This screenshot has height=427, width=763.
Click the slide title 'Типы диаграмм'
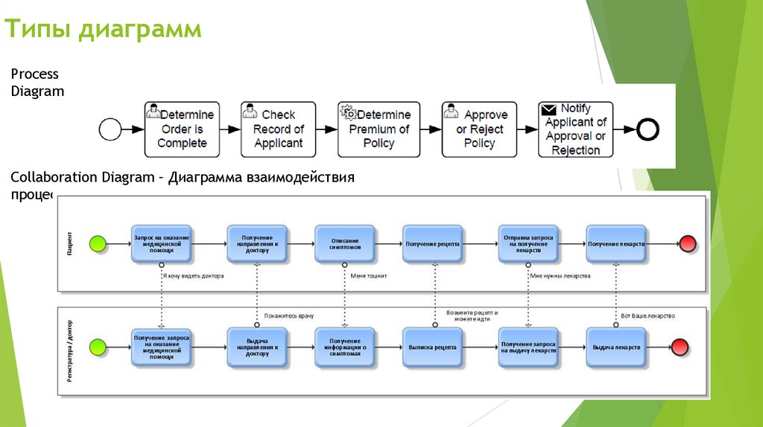coord(104,30)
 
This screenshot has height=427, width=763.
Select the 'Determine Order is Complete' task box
coord(182,129)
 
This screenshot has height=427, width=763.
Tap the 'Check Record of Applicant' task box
coord(278,129)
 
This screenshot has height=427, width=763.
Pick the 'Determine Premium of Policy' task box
coord(375,129)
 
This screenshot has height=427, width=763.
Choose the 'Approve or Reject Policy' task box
coord(479,129)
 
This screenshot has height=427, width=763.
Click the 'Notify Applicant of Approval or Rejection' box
coord(575,129)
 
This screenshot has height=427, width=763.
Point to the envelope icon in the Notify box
coord(549,109)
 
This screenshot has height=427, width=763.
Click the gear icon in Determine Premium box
coord(348,112)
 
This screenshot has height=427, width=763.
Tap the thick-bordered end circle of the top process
coord(648,129)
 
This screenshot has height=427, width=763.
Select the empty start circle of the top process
coord(110,129)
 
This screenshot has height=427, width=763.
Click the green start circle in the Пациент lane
coord(98,243)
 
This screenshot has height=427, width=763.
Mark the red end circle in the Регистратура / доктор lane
coord(680,347)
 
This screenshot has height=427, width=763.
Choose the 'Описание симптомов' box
coord(344,243)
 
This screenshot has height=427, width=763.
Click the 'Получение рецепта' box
coord(432,243)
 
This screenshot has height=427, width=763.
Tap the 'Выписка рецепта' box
coord(432,347)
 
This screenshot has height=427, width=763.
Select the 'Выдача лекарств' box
coord(615,347)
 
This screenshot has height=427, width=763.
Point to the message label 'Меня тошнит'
coord(369,275)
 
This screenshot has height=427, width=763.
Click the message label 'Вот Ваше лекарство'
coord(648,316)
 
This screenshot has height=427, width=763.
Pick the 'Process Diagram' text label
coord(37,83)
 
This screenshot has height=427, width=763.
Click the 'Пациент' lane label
coord(69,243)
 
